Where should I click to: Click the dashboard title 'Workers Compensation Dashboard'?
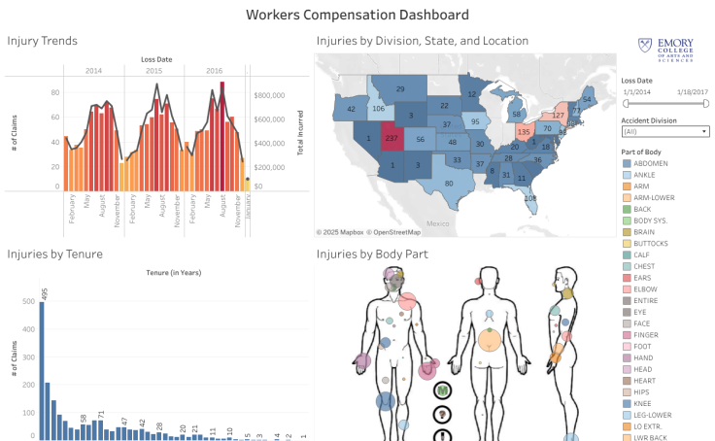(357, 15)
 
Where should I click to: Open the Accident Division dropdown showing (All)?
(664, 130)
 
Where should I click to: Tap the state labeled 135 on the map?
(525, 132)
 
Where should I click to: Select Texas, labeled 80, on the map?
(448, 184)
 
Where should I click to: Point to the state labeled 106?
(377, 109)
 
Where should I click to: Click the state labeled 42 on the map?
(351, 109)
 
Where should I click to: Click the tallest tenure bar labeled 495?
(42, 370)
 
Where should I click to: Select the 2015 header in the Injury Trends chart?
(153, 71)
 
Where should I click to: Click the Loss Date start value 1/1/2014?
(636, 90)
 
